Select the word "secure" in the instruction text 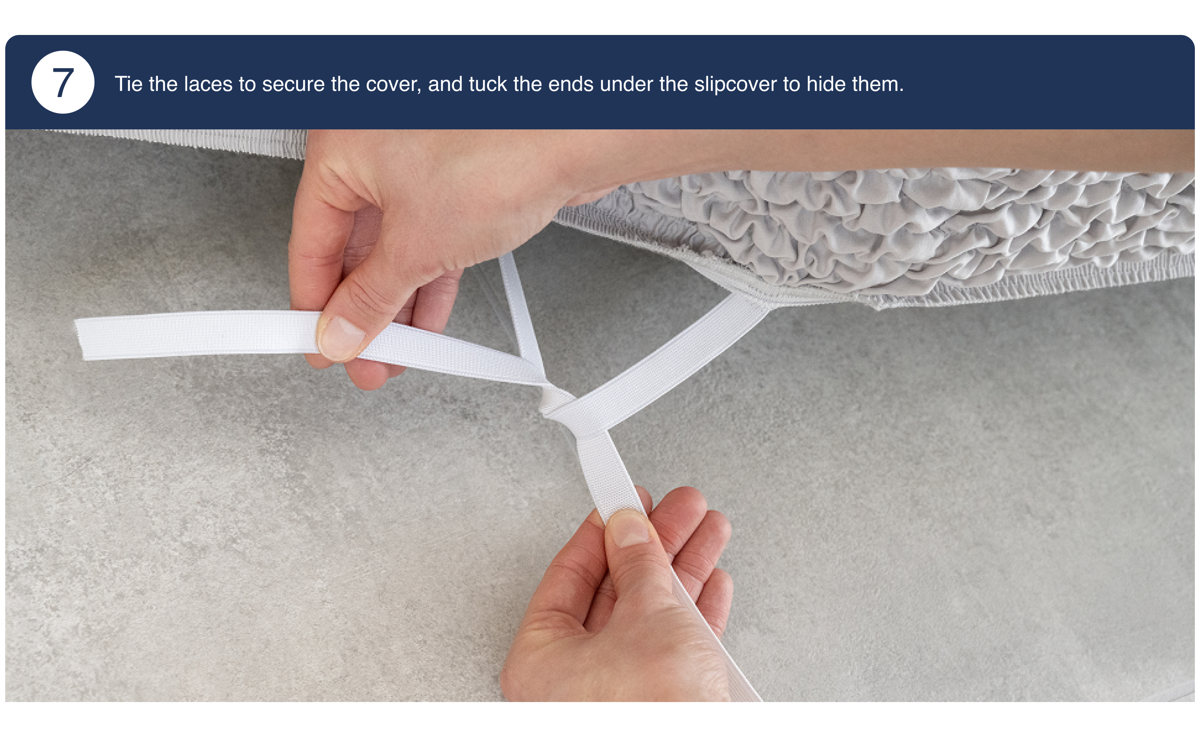tap(293, 84)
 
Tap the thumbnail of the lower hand tap(629, 529)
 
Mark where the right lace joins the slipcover tap(751, 297)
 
